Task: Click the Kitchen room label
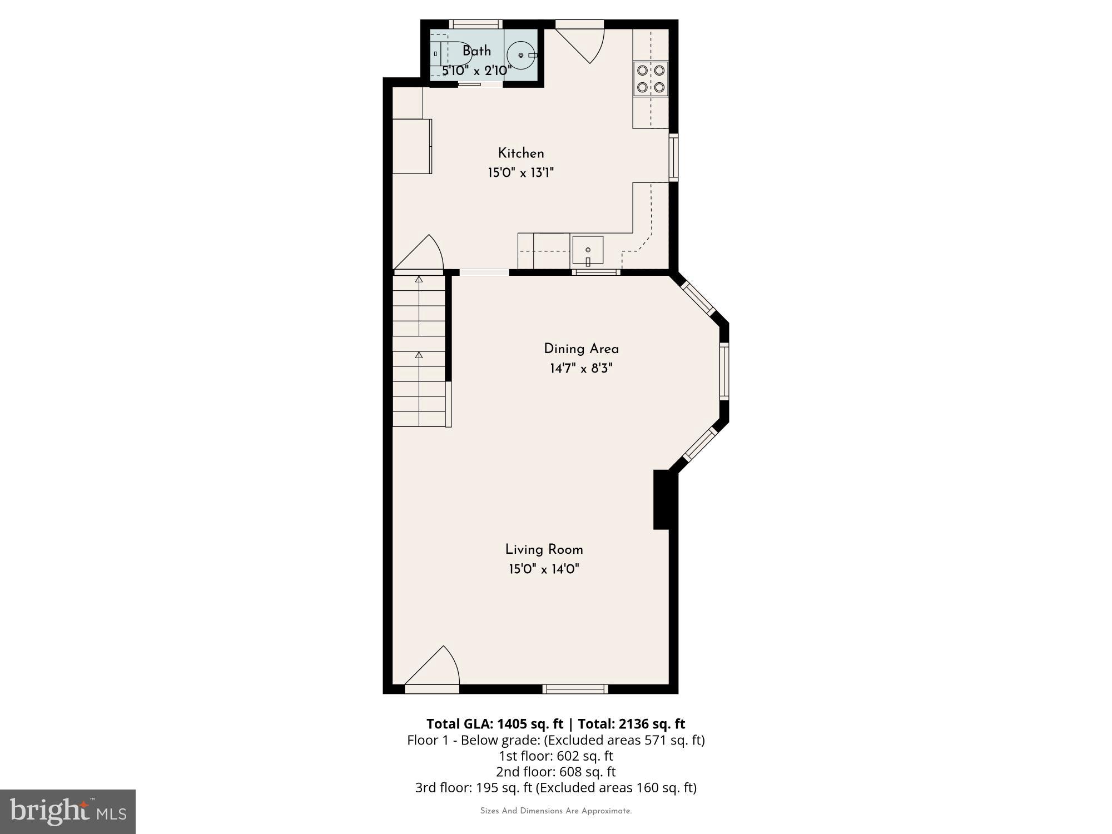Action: [x=520, y=153]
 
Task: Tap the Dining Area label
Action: [x=581, y=349]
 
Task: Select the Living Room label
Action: [x=544, y=550]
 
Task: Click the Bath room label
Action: [x=476, y=51]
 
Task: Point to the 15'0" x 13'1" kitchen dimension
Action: [x=520, y=173]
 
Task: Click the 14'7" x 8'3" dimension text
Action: [x=581, y=369]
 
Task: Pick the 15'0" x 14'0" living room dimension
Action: [x=544, y=569]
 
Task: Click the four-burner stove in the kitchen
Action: [x=651, y=78]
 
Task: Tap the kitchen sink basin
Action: [x=588, y=251]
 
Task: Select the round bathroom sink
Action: [x=522, y=56]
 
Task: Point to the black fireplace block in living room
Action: [x=662, y=499]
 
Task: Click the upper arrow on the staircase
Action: [x=419, y=280]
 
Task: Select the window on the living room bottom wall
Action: [x=575, y=689]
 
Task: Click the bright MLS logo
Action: [x=68, y=811]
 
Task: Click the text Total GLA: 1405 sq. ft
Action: [x=495, y=724]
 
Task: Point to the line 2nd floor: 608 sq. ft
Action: [x=555, y=772]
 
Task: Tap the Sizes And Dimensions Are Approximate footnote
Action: [x=555, y=811]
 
